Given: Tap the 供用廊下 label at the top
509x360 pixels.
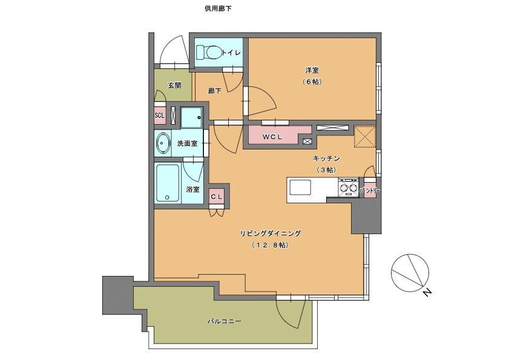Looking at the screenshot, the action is [218, 8].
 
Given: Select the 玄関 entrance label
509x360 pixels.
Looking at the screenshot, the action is [174, 85].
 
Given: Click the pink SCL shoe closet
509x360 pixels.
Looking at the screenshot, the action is [159, 115].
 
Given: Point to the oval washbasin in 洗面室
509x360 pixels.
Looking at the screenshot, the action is [163, 143].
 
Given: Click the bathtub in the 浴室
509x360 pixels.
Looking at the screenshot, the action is [168, 183].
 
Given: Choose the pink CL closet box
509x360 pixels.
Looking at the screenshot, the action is [217, 197].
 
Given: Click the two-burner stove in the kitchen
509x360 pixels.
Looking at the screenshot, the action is [348, 188].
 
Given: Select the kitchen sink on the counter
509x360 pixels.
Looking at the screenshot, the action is [300, 188].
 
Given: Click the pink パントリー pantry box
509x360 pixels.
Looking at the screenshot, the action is [370, 191].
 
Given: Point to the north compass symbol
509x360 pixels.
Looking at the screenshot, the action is [410, 272].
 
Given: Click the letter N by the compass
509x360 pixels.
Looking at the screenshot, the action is [427, 293].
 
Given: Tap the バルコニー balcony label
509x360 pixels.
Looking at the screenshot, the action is [225, 321].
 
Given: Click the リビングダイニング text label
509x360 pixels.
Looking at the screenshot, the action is [270, 233].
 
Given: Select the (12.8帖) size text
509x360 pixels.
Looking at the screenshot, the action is [270, 246].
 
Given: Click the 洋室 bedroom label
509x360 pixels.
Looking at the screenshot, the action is [312, 70].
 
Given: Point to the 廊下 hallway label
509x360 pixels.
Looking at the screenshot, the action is [215, 91].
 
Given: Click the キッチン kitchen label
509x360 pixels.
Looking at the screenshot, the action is [326, 159].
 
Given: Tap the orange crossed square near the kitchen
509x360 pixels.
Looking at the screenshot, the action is [364, 137].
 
